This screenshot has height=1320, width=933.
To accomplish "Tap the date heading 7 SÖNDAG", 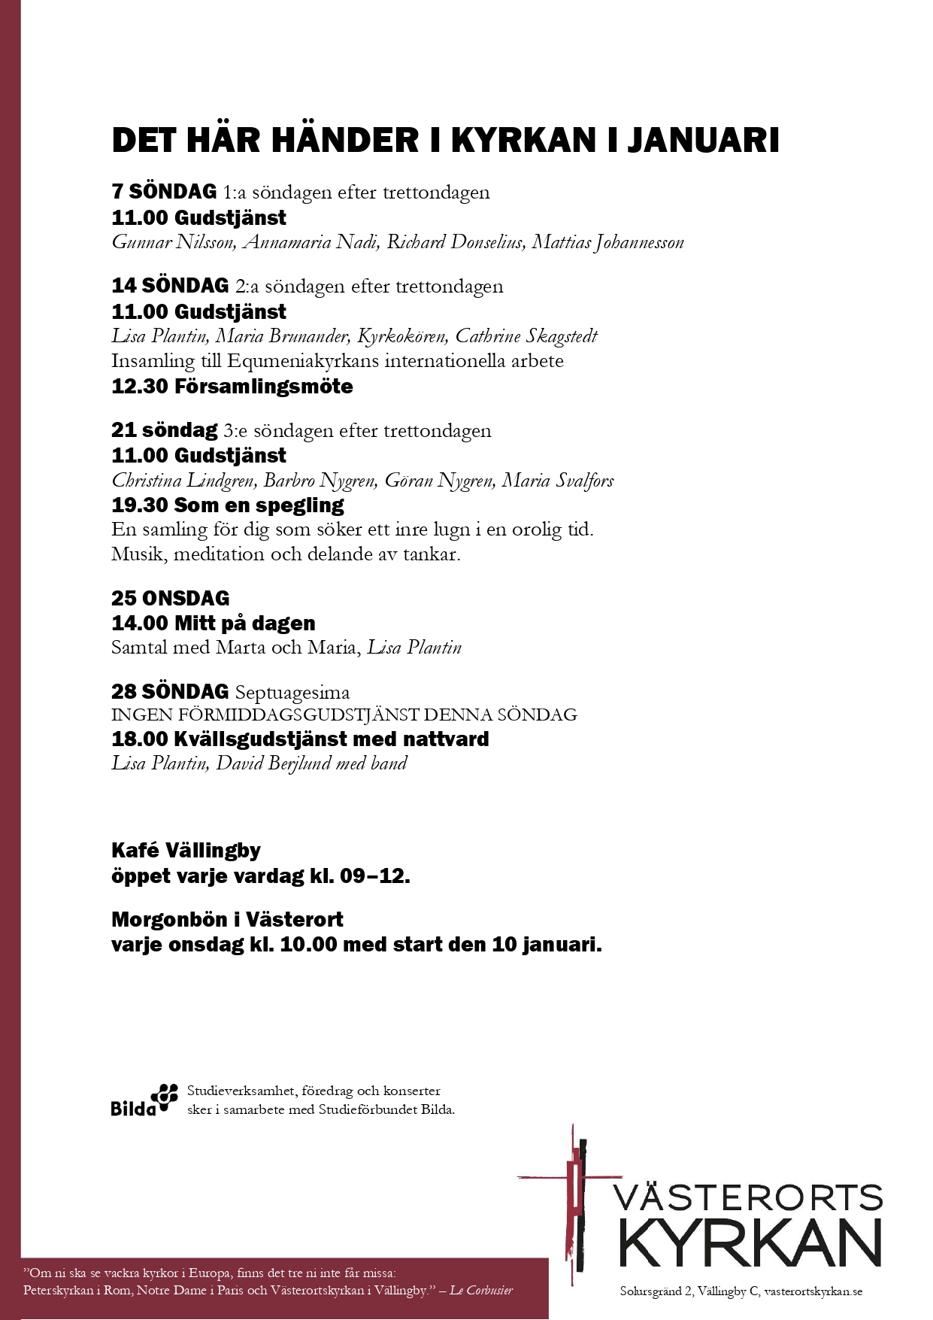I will (164, 192).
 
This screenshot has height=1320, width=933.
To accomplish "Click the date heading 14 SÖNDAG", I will (170, 286).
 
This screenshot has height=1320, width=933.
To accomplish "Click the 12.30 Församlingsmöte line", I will (232, 387).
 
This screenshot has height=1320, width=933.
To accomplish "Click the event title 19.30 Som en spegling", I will (227, 505).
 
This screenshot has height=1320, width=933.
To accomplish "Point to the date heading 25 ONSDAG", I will (170, 598).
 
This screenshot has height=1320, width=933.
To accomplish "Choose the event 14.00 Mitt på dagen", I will (213, 623).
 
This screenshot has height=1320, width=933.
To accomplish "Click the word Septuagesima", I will (292, 692).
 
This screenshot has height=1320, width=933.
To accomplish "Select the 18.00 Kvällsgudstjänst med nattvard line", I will (299, 739).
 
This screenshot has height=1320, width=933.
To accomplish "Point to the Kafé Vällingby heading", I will (186, 851).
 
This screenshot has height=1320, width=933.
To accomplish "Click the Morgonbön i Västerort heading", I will (227, 919).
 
